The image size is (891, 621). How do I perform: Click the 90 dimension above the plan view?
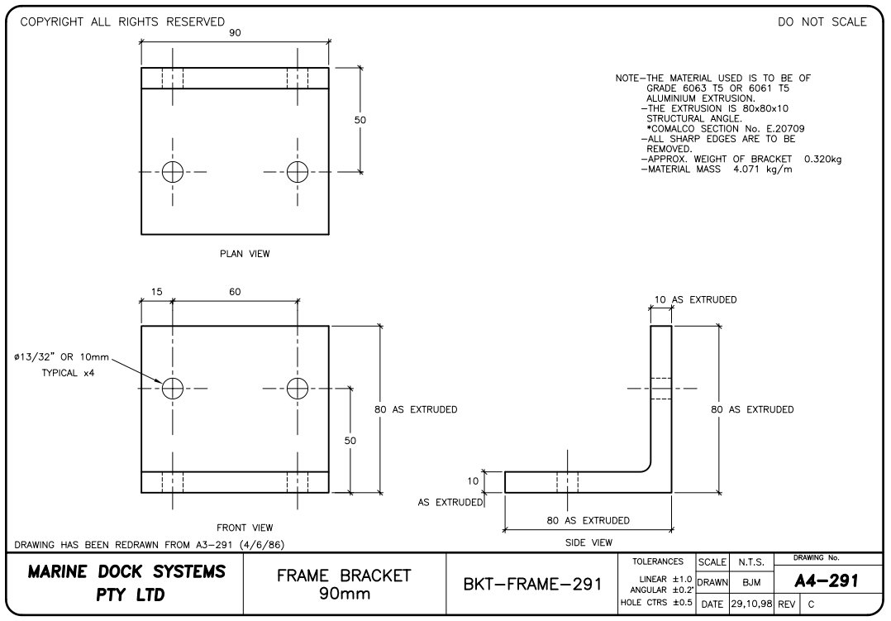[235, 32]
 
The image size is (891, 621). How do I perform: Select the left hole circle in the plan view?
[172, 171]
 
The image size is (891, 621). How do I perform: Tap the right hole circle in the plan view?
[298, 171]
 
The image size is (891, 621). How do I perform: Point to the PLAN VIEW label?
[245, 254]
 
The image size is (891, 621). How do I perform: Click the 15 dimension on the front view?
[157, 292]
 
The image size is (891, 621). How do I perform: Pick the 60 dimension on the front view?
[235, 292]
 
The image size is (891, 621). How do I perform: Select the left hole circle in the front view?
[172, 388]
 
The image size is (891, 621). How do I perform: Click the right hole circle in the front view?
[298, 388]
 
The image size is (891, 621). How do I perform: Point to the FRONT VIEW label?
[245, 528]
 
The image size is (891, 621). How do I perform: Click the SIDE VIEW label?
[588, 542]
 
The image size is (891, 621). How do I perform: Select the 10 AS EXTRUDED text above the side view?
[695, 299]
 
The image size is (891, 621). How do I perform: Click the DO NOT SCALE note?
[822, 22]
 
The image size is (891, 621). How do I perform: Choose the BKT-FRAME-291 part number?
[531, 585]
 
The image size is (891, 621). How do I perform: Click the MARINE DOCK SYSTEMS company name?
[126, 571]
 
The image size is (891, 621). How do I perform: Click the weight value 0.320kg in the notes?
[822, 159]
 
